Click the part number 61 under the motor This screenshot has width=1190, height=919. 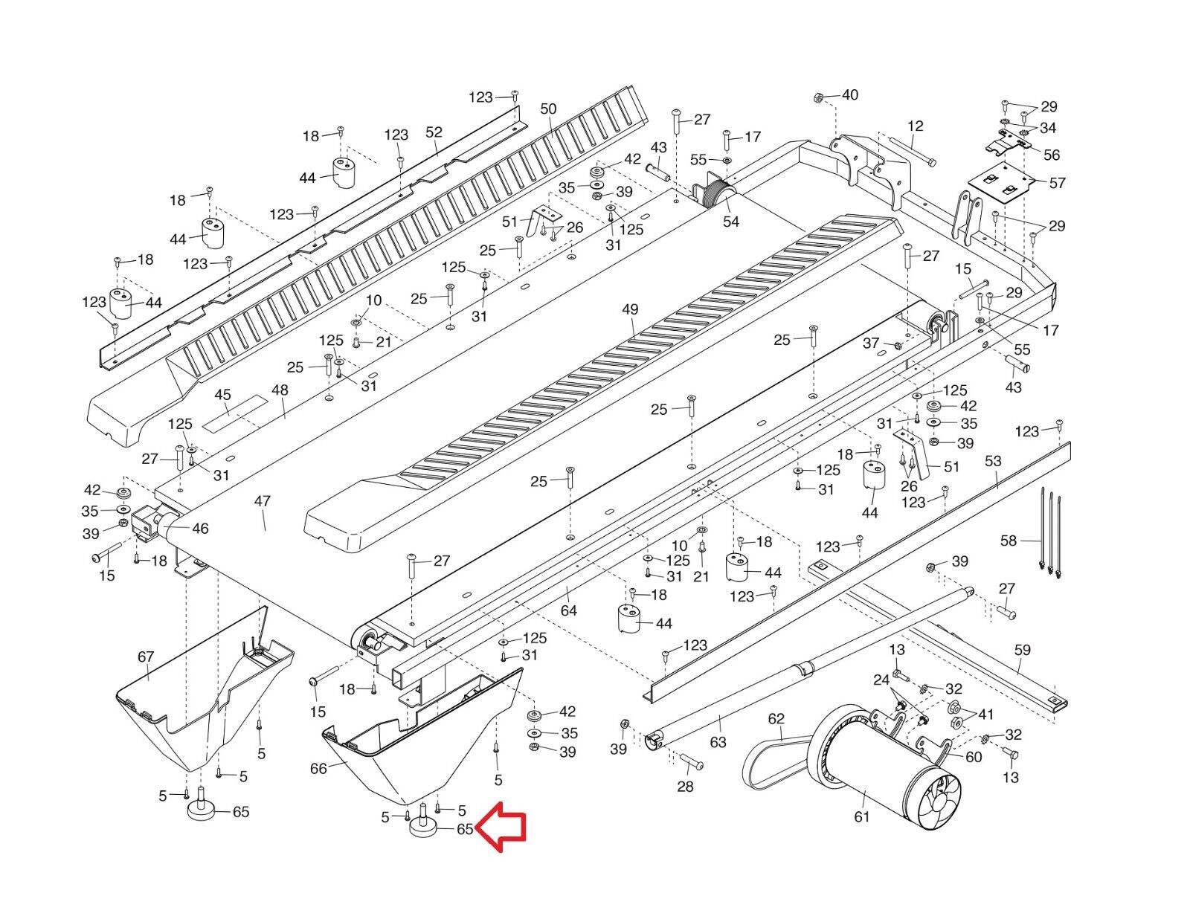point(862,816)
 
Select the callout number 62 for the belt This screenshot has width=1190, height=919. point(776,718)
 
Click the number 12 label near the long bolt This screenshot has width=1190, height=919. point(915,126)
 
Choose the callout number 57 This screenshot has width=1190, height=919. point(1056,182)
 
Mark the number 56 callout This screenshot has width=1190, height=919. point(1052,155)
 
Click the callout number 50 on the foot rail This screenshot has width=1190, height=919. point(548,109)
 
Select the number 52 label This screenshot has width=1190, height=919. point(434,132)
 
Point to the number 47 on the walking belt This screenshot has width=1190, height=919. point(262,501)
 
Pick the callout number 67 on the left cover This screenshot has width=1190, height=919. point(146,656)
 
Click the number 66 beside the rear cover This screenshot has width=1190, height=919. point(318,768)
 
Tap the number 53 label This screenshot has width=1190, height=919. point(993,461)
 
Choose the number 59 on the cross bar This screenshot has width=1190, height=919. point(1023,650)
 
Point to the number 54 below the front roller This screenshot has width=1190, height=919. point(731,222)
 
